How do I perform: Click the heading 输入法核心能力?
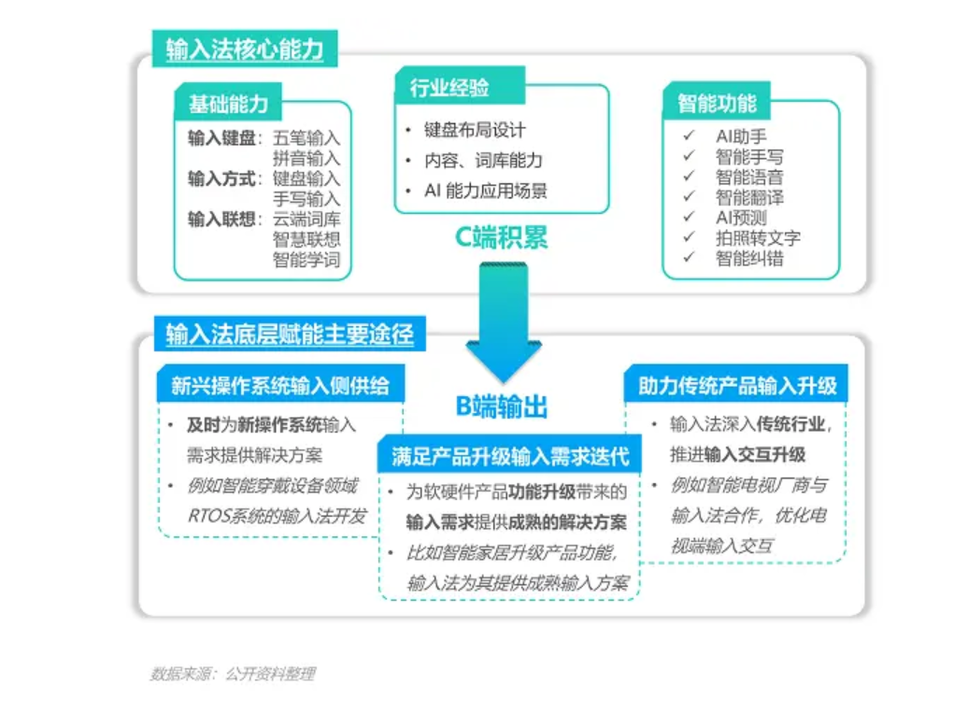coord(245,49)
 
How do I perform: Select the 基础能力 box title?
coord(228,104)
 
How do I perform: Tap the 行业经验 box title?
coord(449,88)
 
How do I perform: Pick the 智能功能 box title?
coord(717,103)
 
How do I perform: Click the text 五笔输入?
coord(306,137)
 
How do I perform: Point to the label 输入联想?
coord(221,220)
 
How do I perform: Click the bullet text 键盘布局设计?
coord(475,130)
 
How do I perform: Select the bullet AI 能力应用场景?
coord(486,191)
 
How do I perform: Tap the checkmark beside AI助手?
coord(689,135)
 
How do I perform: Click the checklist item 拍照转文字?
coord(758,237)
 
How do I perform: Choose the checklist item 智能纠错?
coord(749,258)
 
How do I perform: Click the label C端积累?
coord(501,237)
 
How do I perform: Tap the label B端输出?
coord(501,406)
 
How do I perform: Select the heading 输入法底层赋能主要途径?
coord(290,334)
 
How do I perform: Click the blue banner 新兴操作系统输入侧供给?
coord(281,385)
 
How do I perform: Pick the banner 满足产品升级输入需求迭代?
coord(510,456)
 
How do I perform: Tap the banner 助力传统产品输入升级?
coord(737,385)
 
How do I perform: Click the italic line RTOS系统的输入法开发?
coord(278,516)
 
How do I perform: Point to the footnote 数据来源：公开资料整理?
coord(233,674)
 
